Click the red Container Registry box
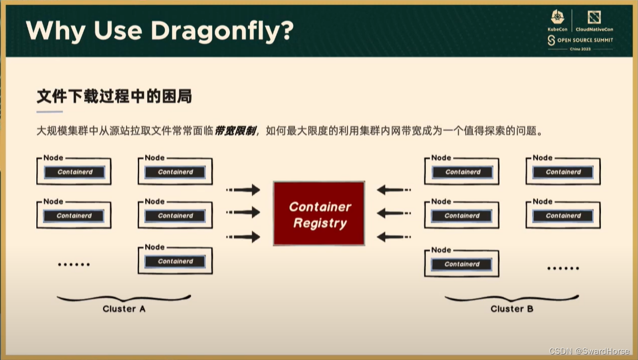point(319,214)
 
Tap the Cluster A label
point(124,309)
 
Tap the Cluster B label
point(512,309)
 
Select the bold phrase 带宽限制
point(235,131)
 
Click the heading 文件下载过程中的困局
point(114,97)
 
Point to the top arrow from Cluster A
point(243,190)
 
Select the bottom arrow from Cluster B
point(393,237)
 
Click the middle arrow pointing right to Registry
point(243,212)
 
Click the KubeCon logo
point(557,20)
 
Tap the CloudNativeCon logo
point(594,20)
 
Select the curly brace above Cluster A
point(124,299)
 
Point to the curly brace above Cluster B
point(512,299)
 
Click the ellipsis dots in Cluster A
point(74,264)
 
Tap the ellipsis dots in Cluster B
point(563,268)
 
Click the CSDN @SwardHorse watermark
point(589,351)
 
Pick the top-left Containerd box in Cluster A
point(75,172)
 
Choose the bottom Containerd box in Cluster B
point(462,264)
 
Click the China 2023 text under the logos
point(580,49)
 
